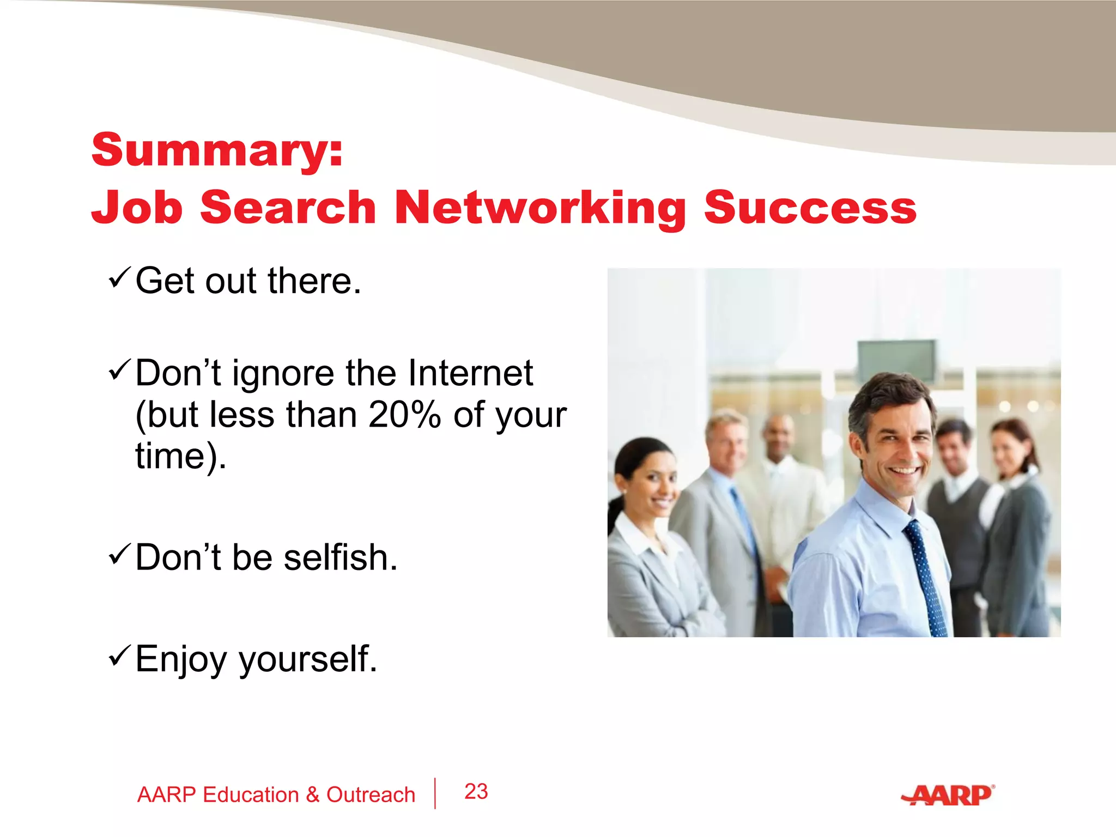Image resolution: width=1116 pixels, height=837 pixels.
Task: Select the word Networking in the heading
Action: click(539, 208)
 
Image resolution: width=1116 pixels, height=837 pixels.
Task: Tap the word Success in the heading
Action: click(810, 208)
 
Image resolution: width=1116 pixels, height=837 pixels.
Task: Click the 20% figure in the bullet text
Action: click(404, 415)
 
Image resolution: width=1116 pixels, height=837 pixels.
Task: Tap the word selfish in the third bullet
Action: click(341, 558)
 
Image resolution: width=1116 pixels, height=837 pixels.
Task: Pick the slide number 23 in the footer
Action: click(476, 791)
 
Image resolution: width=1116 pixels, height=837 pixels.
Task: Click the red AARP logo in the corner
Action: click(949, 796)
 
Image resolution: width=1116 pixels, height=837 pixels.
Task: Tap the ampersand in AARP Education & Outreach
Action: click(312, 795)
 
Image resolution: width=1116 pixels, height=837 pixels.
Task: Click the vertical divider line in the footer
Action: click(435, 793)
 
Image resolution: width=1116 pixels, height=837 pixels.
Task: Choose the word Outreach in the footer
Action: click(371, 795)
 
